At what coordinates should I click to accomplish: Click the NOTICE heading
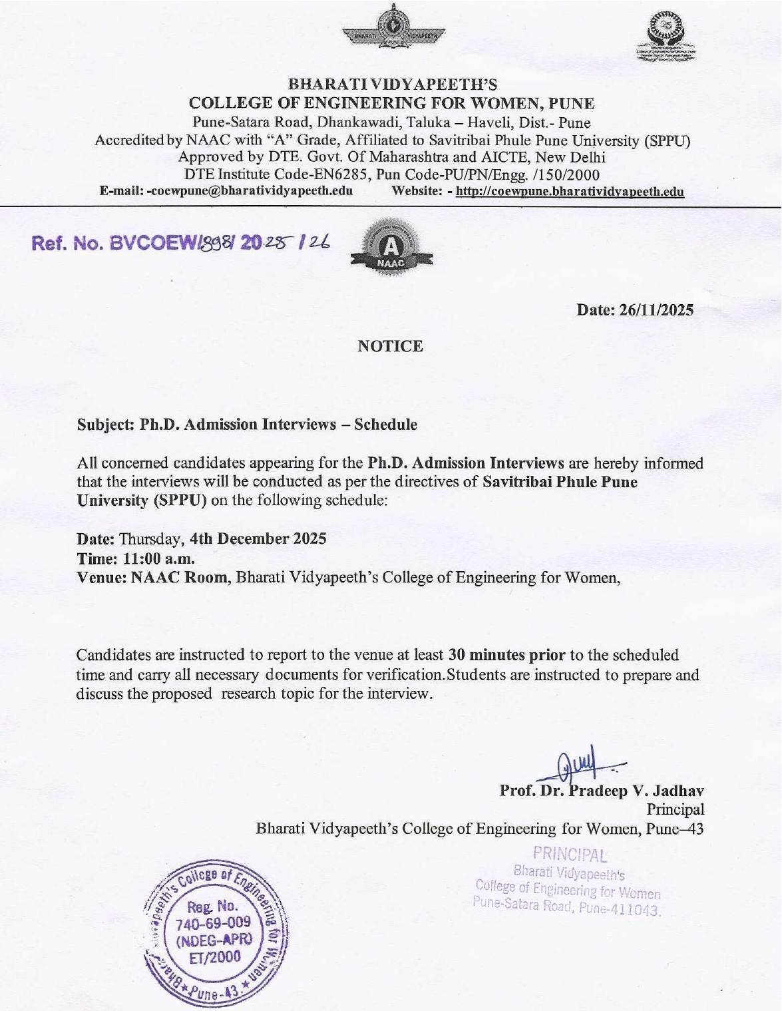(x=390, y=346)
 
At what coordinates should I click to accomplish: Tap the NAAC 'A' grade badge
(x=391, y=248)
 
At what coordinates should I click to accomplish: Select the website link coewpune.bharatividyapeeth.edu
(x=570, y=192)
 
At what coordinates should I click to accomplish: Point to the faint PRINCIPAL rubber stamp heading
(x=570, y=853)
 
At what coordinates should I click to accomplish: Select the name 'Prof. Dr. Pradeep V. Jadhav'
(x=602, y=791)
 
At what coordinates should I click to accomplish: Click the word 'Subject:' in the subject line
(x=105, y=425)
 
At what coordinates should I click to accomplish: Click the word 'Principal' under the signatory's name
(x=675, y=809)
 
